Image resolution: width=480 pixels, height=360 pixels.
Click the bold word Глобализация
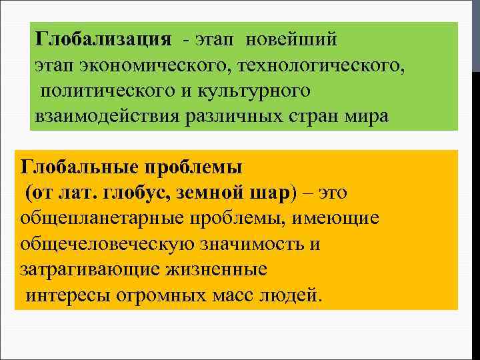click(103, 39)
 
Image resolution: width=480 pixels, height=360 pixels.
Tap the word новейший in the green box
click(291, 39)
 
